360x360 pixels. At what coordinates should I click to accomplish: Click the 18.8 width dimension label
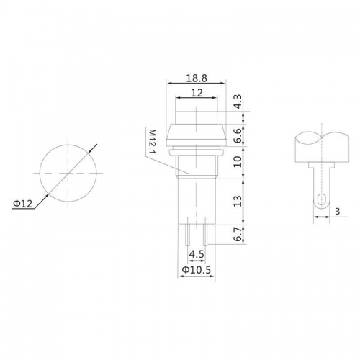(x=197, y=78)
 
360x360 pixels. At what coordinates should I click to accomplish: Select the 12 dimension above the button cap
(x=197, y=93)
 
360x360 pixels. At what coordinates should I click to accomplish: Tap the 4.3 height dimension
(x=238, y=102)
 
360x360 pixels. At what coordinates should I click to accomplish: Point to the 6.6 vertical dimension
(x=238, y=135)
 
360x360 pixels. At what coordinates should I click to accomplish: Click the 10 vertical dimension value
(x=238, y=161)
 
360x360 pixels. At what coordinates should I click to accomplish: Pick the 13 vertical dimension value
(x=238, y=201)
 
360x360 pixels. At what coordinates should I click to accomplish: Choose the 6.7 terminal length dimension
(x=238, y=235)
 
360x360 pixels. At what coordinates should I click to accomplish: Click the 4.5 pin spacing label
(x=197, y=254)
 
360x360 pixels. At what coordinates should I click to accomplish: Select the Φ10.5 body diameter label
(x=197, y=270)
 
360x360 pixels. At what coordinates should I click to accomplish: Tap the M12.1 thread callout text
(x=153, y=141)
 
